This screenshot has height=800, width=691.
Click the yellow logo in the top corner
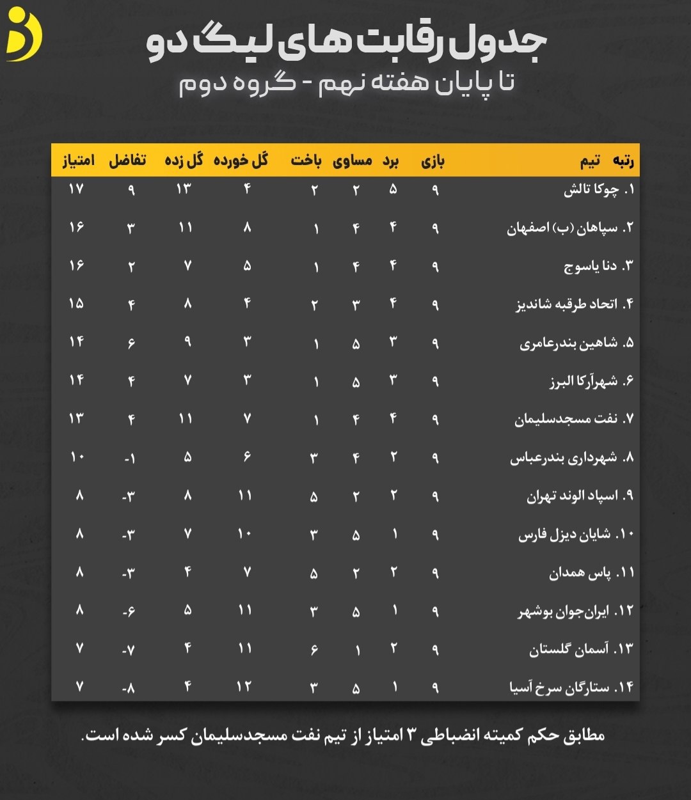pyautogui.click(x=24, y=35)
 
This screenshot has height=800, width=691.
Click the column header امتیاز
pyautogui.click(x=78, y=161)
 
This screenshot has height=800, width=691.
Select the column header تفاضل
pyautogui.click(x=127, y=161)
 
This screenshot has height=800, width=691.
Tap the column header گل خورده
pyautogui.click(x=241, y=161)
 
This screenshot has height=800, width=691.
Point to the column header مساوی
pyautogui.click(x=353, y=161)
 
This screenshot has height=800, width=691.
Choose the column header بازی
pyautogui.click(x=433, y=161)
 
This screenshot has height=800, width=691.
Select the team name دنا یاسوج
pyautogui.click(x=591, y=266)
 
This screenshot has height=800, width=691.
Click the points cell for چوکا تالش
pyautogui.click(x=76, y=189)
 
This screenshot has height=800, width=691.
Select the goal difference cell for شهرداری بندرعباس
pyautogui.click(x=129, y=458)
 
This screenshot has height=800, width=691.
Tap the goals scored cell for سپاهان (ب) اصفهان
pyautogui.click(x=186, y=228)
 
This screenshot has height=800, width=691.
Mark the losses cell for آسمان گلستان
pyautogui.click(x=314, y=650)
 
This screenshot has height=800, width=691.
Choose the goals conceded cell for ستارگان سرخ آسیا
pyautogui.click(x=244, y=687)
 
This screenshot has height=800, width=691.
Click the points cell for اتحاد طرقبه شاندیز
pyautogui.click(x=76, y=304)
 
